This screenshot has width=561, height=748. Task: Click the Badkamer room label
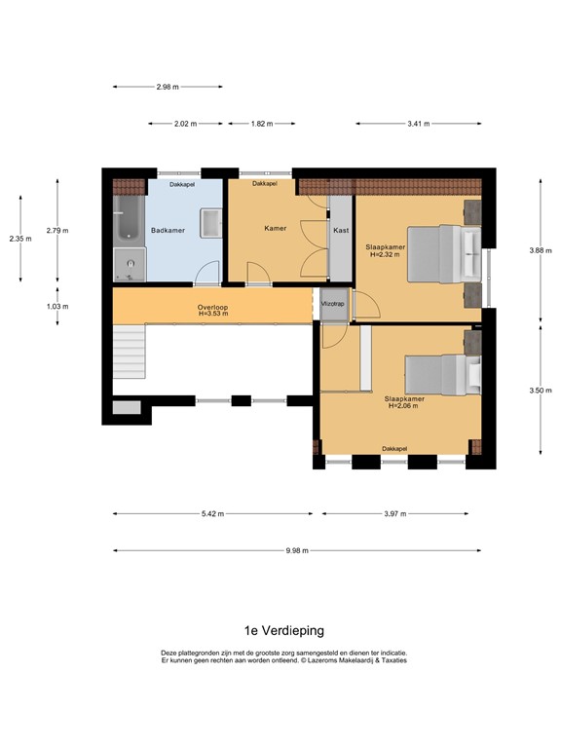pos(168,231)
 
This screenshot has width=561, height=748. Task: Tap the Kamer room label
pos(276,229)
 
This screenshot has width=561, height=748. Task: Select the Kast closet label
pos(341,230)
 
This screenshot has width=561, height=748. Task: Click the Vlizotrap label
pos(332,304)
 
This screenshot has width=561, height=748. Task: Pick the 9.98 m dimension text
pos(297,550)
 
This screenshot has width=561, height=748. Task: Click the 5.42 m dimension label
pos(212,514)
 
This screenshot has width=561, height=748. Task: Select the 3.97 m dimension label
pos(395,514)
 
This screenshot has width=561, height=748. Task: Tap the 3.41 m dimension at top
pos(419,124)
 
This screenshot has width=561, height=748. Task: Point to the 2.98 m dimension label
pos(168,87)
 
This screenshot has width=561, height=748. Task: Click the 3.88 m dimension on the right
pos(541,250)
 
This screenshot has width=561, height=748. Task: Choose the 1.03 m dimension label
pos(57,306)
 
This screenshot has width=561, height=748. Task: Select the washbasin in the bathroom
pos(210,223)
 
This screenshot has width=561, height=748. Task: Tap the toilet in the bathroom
pos(130,265)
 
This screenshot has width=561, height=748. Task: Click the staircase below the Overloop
pos(129,352)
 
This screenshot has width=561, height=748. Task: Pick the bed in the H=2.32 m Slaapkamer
pos(444,254)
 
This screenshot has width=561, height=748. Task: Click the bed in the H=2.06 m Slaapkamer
pos(443,375)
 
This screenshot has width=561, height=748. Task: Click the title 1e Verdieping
pos(284,631)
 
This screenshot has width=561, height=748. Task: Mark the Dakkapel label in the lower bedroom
pos(394,449)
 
